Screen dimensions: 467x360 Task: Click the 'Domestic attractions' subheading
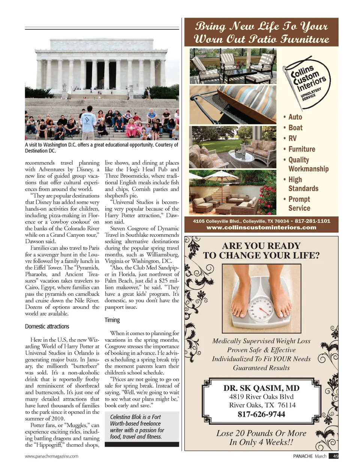coord(47,326)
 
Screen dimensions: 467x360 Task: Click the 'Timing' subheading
coord(112,320)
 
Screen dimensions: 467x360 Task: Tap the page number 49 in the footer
coord(335,456)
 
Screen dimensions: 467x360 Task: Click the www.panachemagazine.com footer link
coord(51,456)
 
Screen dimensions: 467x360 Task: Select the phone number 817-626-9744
coord(261,414)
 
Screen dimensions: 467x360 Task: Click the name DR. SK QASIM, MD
coord(261,388)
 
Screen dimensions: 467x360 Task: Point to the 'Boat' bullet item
coord(295,128)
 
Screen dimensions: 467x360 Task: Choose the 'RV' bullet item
coord(292,138)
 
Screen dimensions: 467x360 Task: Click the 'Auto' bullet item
coord(295,117)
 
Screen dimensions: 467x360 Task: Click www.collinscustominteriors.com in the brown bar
coord(261,228)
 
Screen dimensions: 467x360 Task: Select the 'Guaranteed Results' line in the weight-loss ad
coord(261,368)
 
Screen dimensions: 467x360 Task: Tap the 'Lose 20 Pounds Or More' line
coord(261,433)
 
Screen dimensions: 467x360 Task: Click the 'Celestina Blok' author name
coord(124,417)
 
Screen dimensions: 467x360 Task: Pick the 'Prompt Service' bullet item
coord(299,204)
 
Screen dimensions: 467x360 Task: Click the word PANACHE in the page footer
coord(303,456)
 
